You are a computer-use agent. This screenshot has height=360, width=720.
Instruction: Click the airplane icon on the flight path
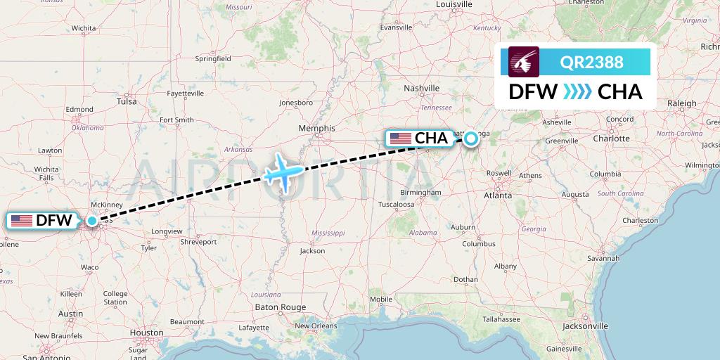284,172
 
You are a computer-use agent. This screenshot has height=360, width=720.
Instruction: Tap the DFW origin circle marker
92,221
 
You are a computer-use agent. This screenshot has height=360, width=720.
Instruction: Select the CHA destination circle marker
470,139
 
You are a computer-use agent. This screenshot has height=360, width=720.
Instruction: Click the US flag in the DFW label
22,221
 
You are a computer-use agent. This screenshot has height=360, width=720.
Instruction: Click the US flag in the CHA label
401,139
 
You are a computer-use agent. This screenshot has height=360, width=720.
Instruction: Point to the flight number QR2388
591,62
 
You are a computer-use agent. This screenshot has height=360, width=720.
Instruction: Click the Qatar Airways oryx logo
524,62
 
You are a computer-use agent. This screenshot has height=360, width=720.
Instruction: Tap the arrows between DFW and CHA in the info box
577,91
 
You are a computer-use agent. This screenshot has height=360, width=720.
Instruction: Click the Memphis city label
316,129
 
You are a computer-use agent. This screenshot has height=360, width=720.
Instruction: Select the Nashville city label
422,88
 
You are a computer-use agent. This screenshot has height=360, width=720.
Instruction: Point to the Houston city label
146,333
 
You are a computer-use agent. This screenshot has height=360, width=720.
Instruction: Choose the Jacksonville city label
585,326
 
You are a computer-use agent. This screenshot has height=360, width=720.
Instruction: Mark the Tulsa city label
127,101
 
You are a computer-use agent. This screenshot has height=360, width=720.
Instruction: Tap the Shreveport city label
198,241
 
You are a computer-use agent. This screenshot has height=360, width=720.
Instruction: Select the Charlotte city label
611,139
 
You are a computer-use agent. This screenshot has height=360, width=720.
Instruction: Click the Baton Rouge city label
281,307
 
